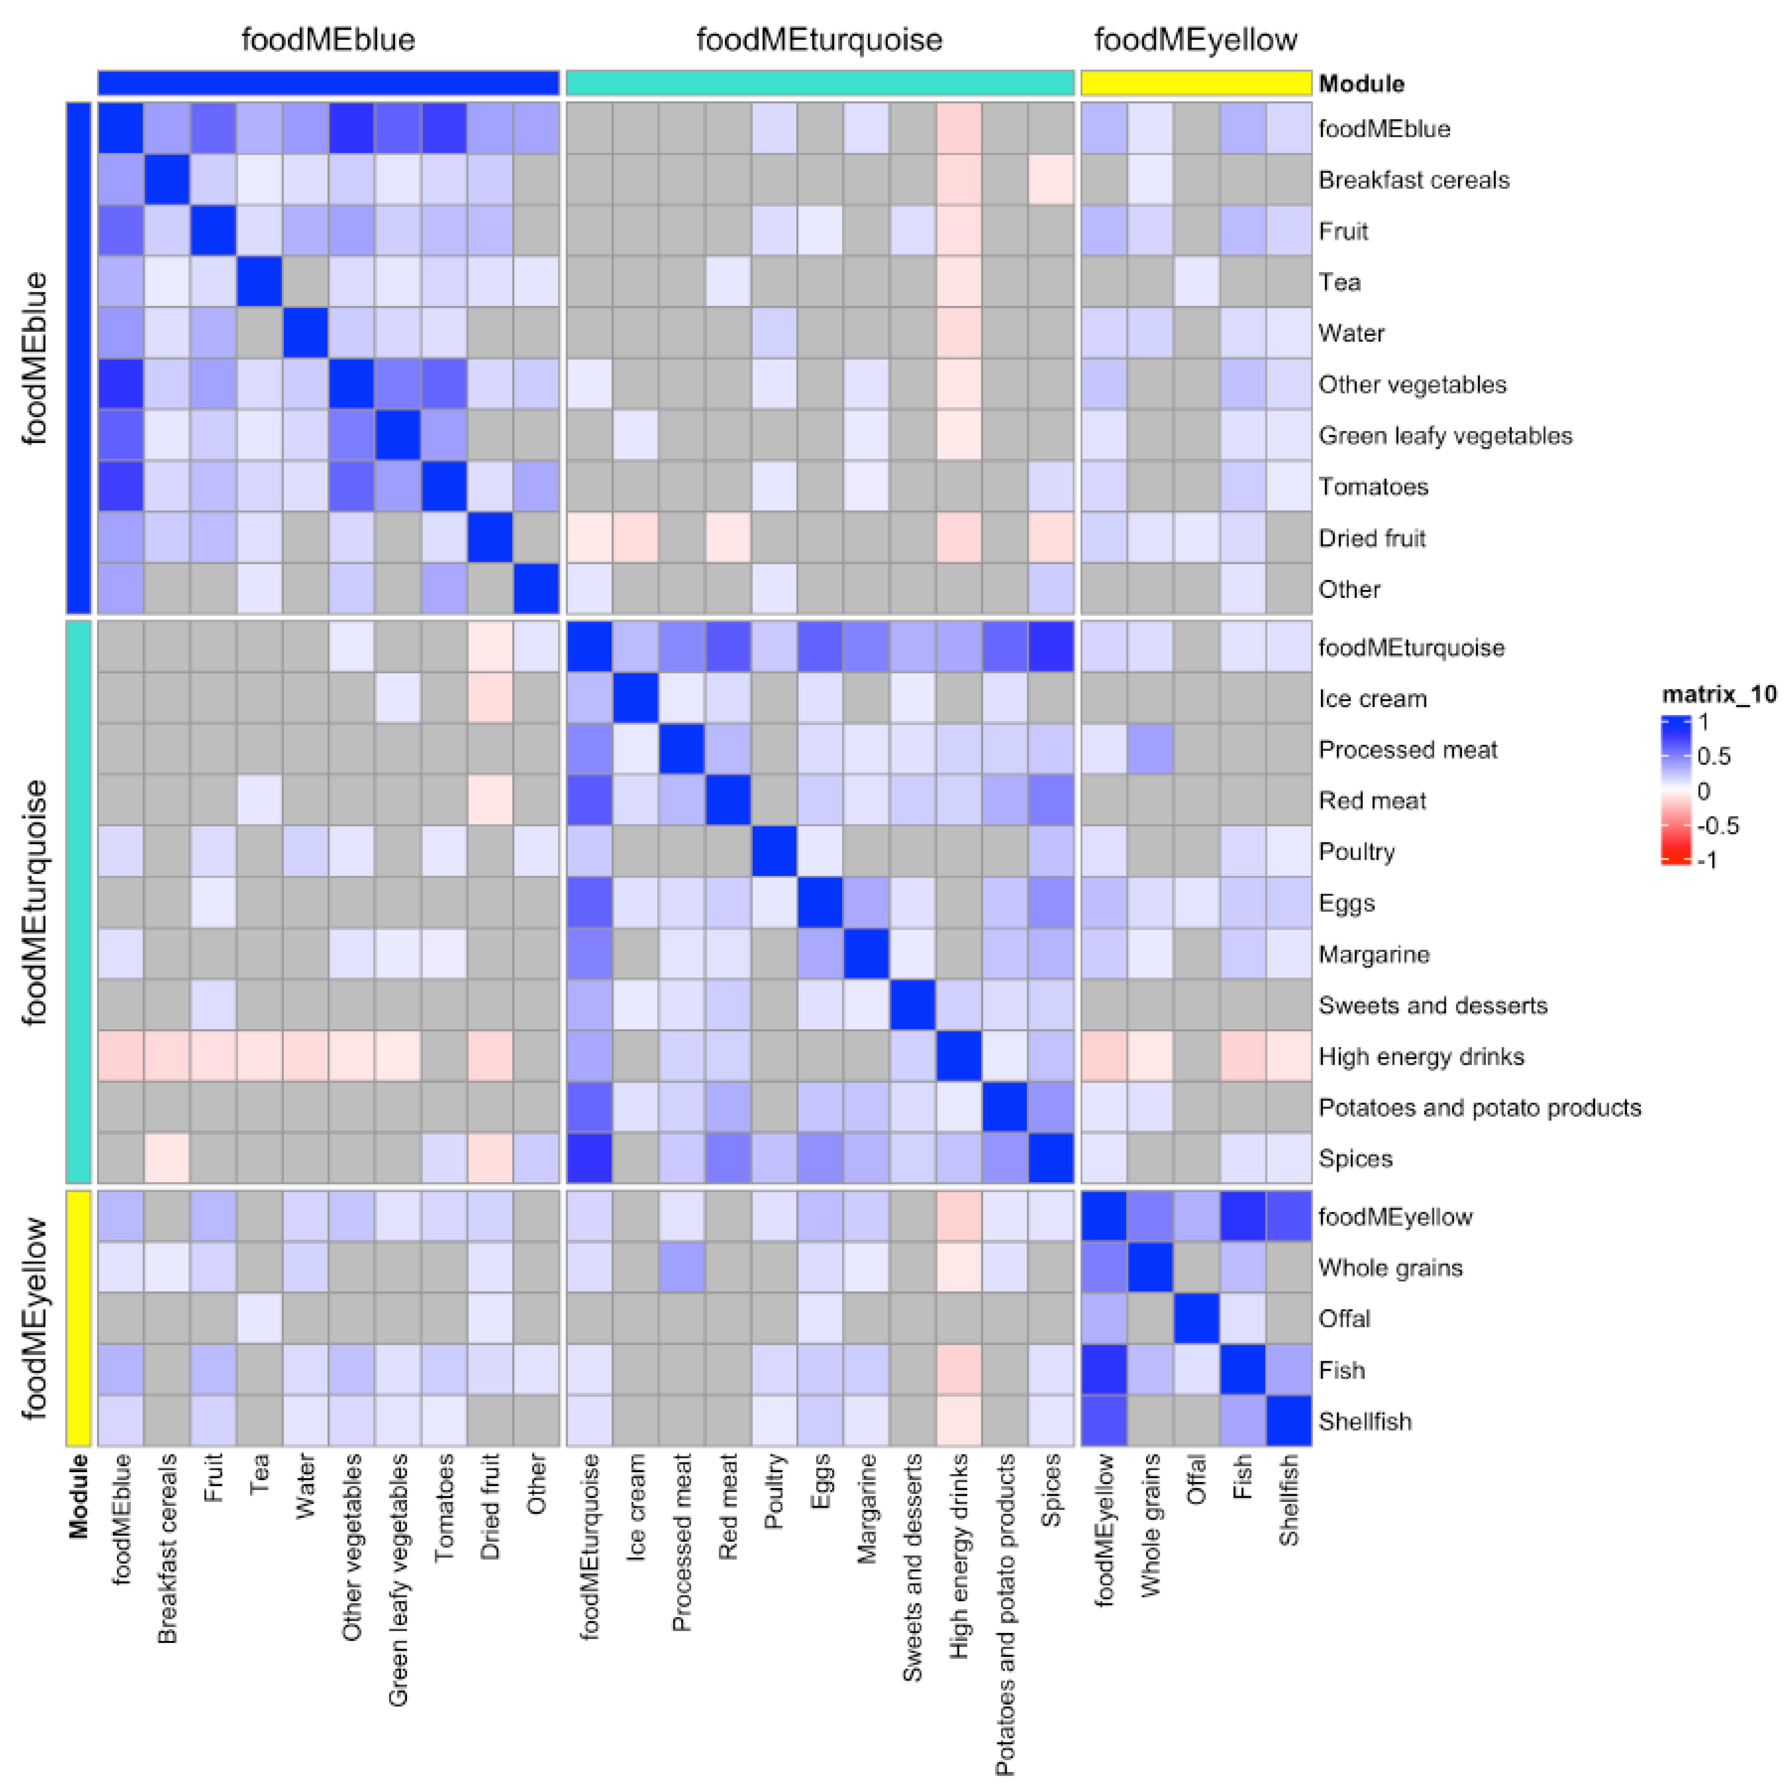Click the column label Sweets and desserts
point(912,1567)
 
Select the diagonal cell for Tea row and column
point(260,282)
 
